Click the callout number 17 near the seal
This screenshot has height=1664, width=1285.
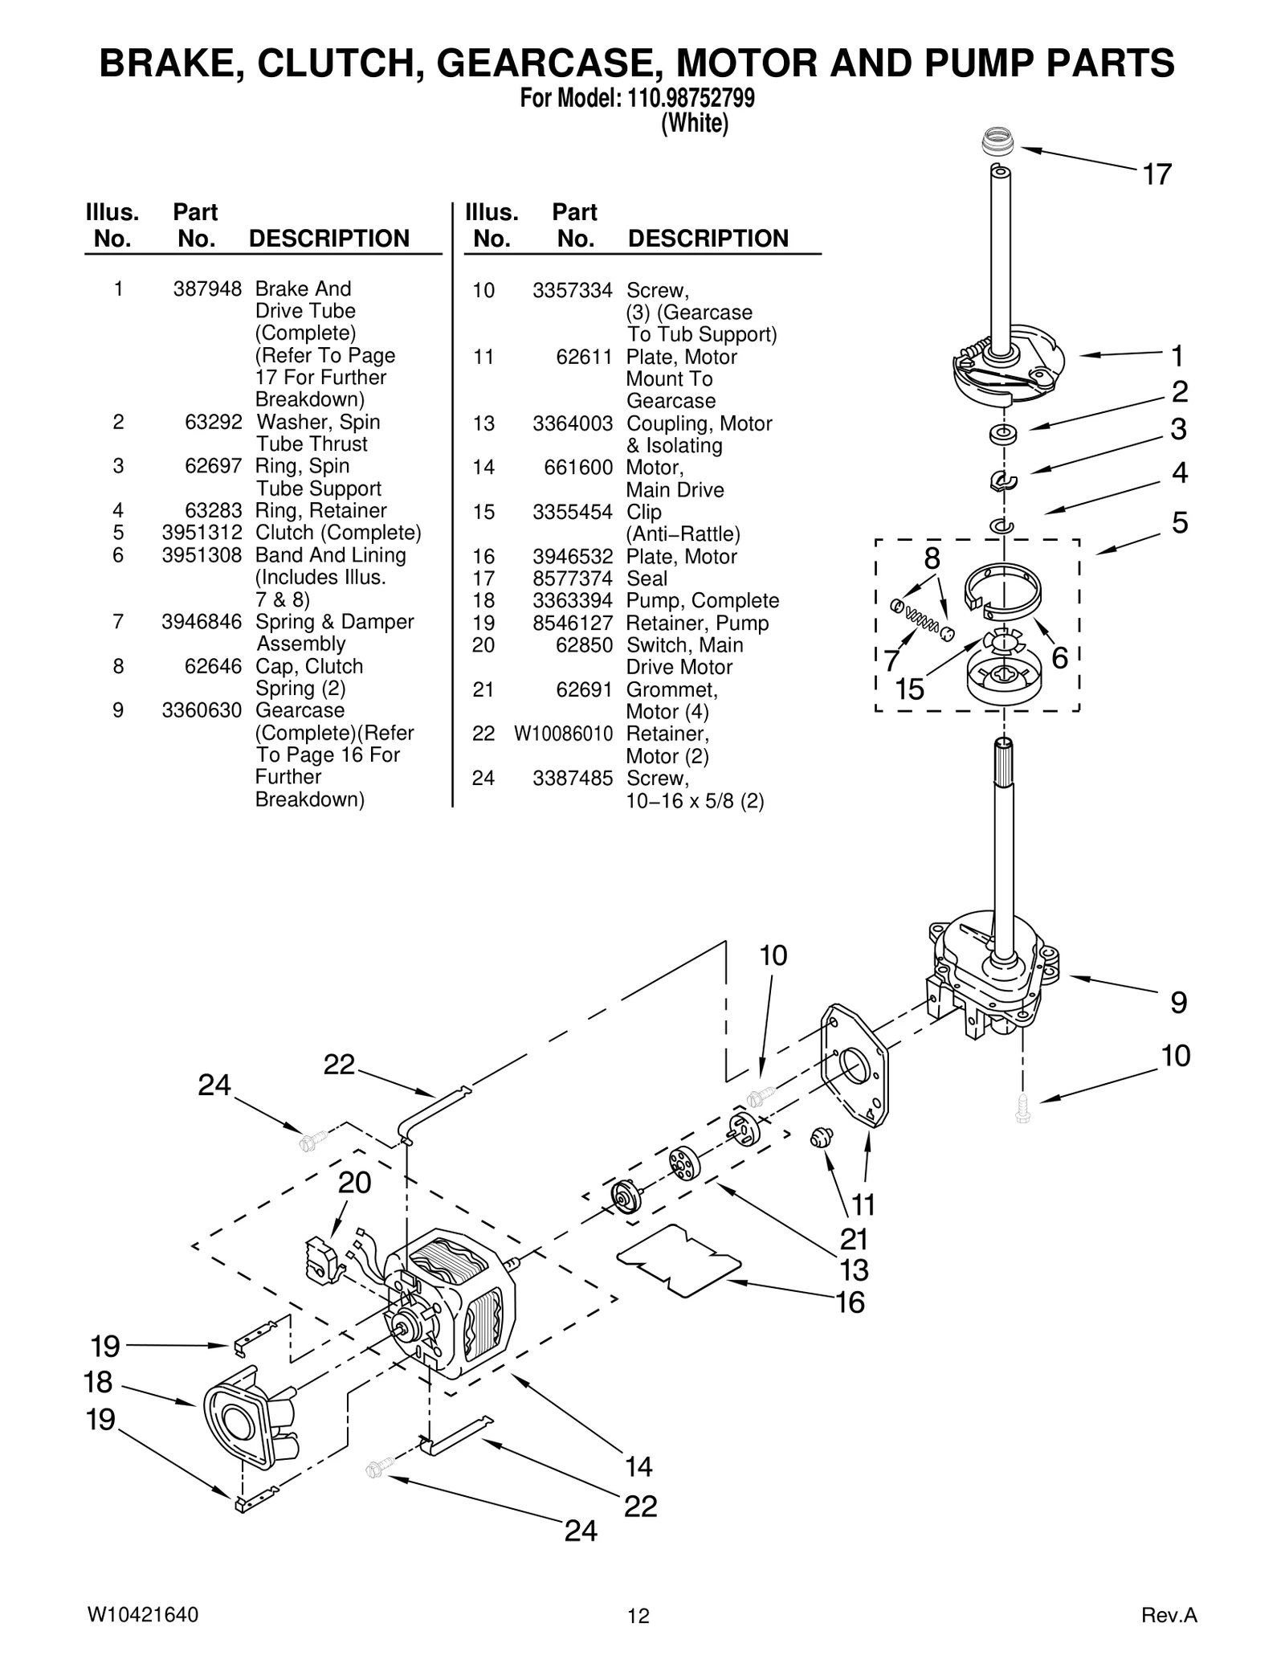pyautogui.click(x=1156, y=174)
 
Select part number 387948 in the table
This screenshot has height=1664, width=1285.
pyautogui.click(x=207, y=289)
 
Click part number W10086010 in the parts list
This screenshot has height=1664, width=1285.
pyautogui.click(x=563, y=734)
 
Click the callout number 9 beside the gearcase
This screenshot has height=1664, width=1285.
pyautogui.click(x=1177, y=1003)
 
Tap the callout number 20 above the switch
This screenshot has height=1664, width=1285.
pyautogui.click(x=354, y=1183)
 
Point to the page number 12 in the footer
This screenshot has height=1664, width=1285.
pyautogui.click(x=638, y=1616)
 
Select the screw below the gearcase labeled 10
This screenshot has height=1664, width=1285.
pyautogui.click(x=1022, y=1108)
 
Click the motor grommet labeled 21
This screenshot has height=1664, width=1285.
pyautogui.click(x=820, y=1136)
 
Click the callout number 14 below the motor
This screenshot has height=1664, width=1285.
pyautogui.click(x=638, y=1467)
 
